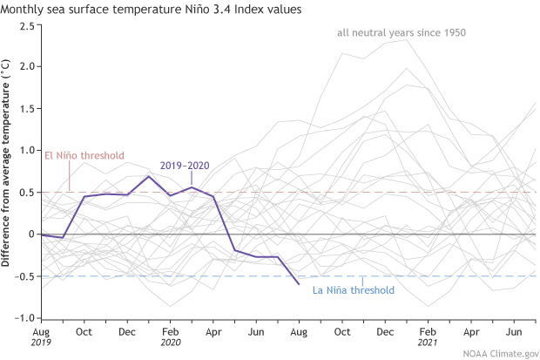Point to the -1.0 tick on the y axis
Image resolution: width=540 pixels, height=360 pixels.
point(25,318)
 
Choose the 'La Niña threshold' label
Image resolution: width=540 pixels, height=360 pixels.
point(353,290)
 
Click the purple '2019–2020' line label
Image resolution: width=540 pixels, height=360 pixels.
point(184,165)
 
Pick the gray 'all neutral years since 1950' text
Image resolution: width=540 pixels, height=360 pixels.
point(402,33)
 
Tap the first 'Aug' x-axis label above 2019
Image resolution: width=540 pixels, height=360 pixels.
point(40,333)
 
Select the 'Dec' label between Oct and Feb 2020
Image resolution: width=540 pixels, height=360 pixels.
point(127,333)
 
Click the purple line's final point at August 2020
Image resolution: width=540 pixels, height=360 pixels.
point(299,284)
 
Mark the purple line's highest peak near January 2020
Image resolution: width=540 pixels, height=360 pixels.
point(149,176)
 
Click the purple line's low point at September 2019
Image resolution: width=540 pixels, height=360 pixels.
point(63,237)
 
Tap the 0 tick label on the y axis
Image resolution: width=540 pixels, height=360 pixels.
point(30,234)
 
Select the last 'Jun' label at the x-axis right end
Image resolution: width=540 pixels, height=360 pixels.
point(514,333)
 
